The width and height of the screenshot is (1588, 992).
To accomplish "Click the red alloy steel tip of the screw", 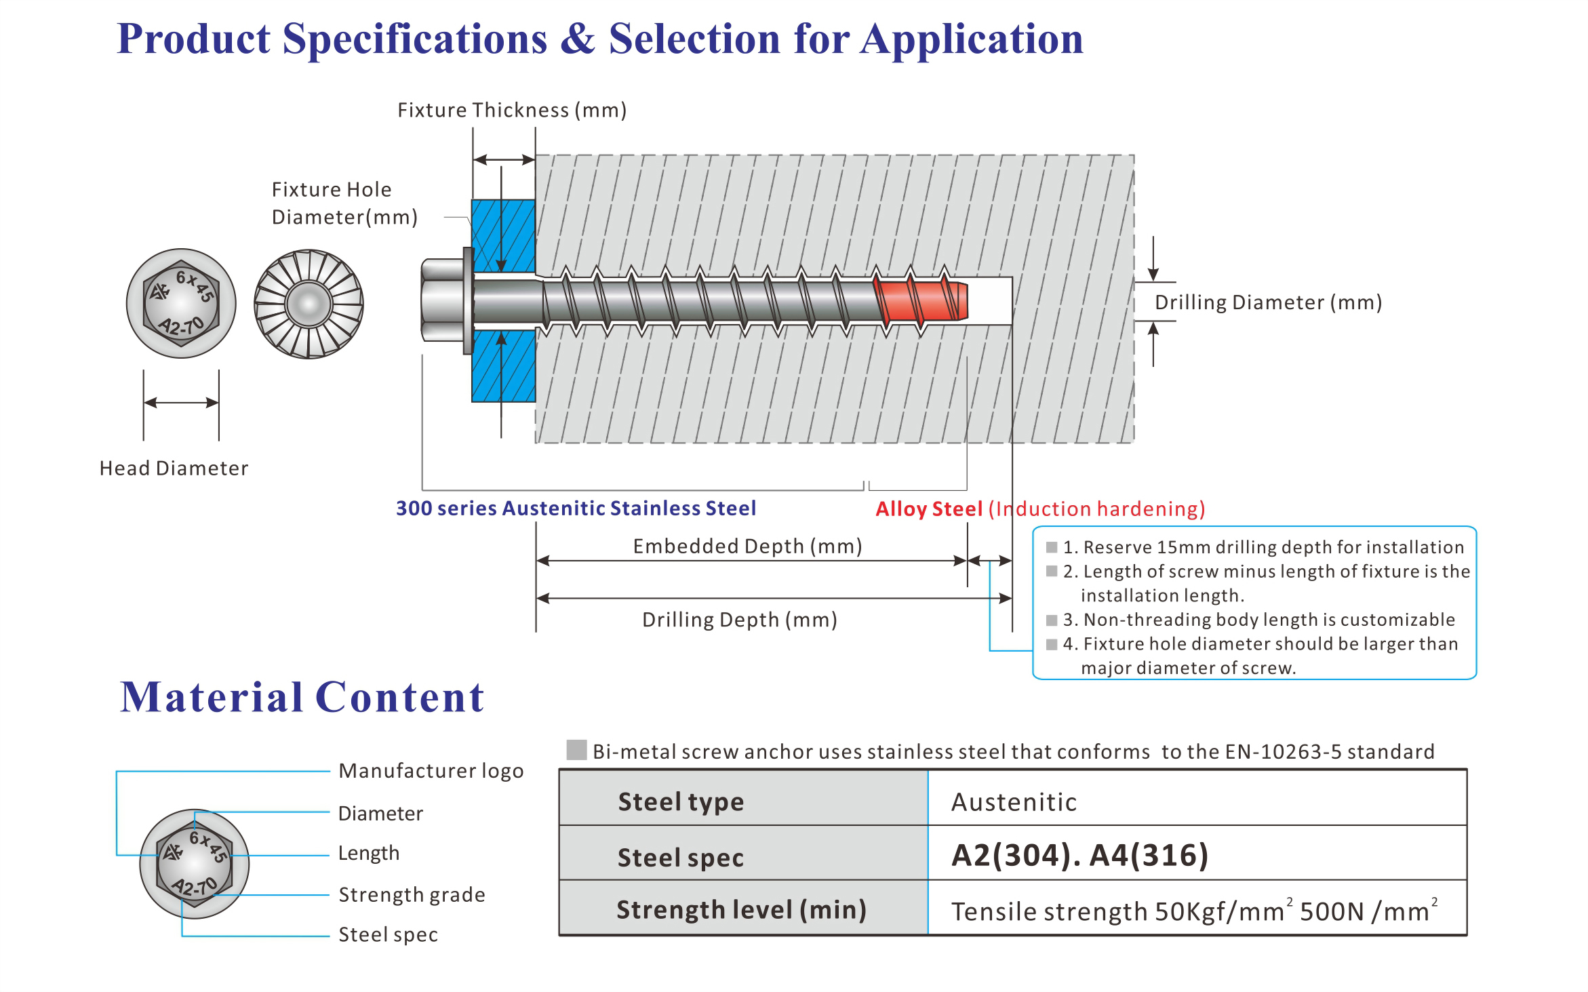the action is point(922,300).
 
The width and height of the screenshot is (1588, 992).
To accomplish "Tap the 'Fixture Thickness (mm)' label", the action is point(512,110).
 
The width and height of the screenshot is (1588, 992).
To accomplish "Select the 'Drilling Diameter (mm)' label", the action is point(1268,302).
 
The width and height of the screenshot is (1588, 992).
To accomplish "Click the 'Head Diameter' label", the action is point(174,468).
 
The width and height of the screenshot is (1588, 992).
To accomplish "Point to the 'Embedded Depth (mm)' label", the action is point(747,546).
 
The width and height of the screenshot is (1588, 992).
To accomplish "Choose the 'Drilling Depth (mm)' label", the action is point(740,620).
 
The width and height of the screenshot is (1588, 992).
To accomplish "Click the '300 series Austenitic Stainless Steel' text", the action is point(576,508).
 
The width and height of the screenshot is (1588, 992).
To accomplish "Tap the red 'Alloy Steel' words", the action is point(929,509).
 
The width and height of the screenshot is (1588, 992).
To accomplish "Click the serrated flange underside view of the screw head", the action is point(309,304).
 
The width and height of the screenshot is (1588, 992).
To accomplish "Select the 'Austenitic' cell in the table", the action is point(1014,802).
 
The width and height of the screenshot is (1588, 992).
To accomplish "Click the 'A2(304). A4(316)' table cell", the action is point(1079,855).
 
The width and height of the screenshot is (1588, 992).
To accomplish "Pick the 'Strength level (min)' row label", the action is point(742,910).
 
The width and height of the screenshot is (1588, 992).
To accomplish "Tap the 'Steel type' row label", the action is point(681,802).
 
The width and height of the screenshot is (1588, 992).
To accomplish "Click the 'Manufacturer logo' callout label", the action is point(431,771).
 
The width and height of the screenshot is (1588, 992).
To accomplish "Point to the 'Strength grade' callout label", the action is point(412,895).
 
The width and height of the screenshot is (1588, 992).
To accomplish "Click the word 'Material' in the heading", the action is point(212,697).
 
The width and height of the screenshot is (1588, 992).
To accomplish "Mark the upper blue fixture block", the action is point(503,236).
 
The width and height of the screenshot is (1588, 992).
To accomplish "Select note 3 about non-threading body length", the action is point(1258,620).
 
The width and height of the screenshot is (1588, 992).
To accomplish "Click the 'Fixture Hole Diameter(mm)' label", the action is point(344,203).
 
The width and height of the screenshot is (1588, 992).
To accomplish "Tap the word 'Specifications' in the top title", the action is point(415,39).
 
